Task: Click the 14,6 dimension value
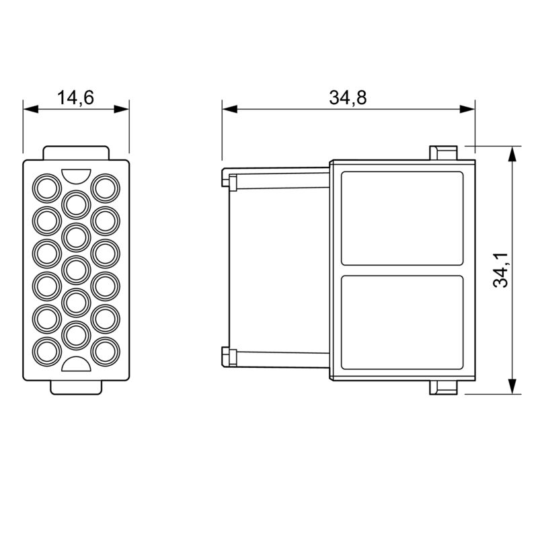pos(75,98)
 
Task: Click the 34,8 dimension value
pos(348,98)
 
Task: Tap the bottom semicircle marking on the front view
pos(75,365)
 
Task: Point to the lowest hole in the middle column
pos(75,334)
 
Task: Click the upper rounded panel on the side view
pos(402,218)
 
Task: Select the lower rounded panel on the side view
pos(402,323)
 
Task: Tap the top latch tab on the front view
pos(75,153)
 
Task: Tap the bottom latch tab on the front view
pos(75,388)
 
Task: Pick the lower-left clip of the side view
pos(228,356)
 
